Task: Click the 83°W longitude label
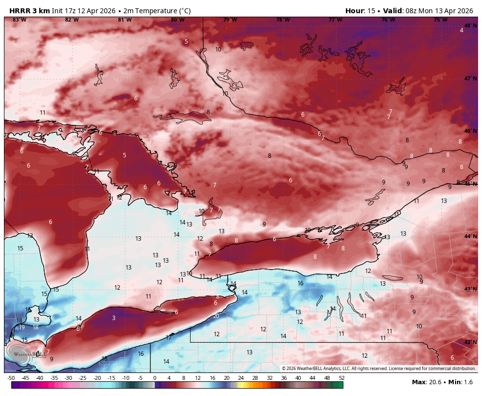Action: [19, 20]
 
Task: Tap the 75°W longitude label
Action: [440, 20]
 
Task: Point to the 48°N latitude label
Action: [470, 26]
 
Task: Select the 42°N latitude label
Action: [470, 342]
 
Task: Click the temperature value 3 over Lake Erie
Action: [114, 318]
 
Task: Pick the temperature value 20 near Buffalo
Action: [216, 316]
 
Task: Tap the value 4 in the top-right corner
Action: [461, 30]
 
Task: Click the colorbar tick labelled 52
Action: [341, 378]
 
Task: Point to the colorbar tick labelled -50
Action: [11, 378]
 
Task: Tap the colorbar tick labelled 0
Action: [155, 378]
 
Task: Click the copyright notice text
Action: [379, 369]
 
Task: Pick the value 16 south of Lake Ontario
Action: [300, 283]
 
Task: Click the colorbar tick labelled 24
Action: [241, 378]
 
